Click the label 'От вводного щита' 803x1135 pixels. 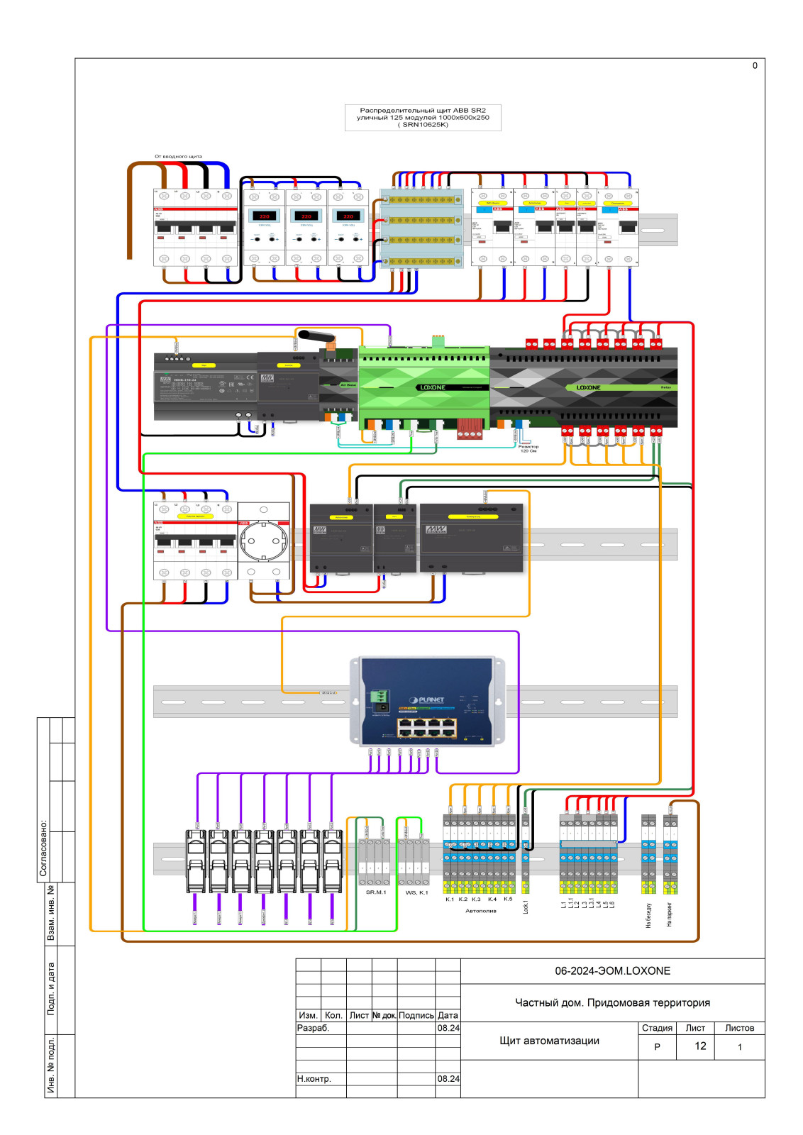pos(178,156)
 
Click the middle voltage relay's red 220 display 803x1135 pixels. pos(306,216)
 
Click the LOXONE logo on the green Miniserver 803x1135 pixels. pos(433,387)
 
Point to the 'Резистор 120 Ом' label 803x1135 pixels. pos(528,448)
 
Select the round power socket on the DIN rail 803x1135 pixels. pos(263,543)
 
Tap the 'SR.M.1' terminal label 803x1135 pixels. pos(376,892)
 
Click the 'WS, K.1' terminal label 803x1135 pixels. pos(416,892)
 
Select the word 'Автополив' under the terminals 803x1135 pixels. pos(481,910)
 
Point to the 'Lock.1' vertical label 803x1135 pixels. pos(526,907)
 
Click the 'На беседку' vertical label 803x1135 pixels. pos(648,915)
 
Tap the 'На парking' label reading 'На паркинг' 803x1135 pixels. pos(669,914)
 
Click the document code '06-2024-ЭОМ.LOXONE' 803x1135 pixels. pos(612,970)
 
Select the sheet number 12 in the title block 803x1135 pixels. pos(700,1046)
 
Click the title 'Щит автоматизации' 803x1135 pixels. pos(549,1041)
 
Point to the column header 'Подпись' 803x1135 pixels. pos(416,1015)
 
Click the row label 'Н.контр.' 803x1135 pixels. pos(314,1078)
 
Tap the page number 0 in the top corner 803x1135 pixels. pos(755,65)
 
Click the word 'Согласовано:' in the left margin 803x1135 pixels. pos(43,848)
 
